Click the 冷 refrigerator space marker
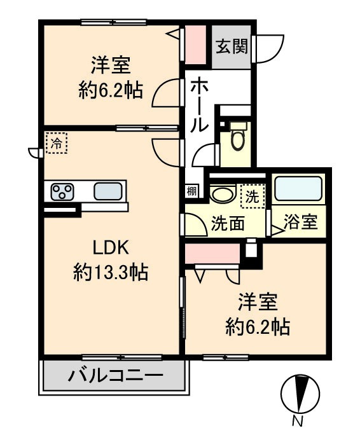point(57,142)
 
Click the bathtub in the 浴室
point(298,189)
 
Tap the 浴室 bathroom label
point(301,223)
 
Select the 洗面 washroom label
point(226,224)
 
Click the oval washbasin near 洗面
point(223,195)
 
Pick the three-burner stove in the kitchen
point(62,191)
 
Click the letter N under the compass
point(297,421)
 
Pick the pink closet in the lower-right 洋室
point(212,254)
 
